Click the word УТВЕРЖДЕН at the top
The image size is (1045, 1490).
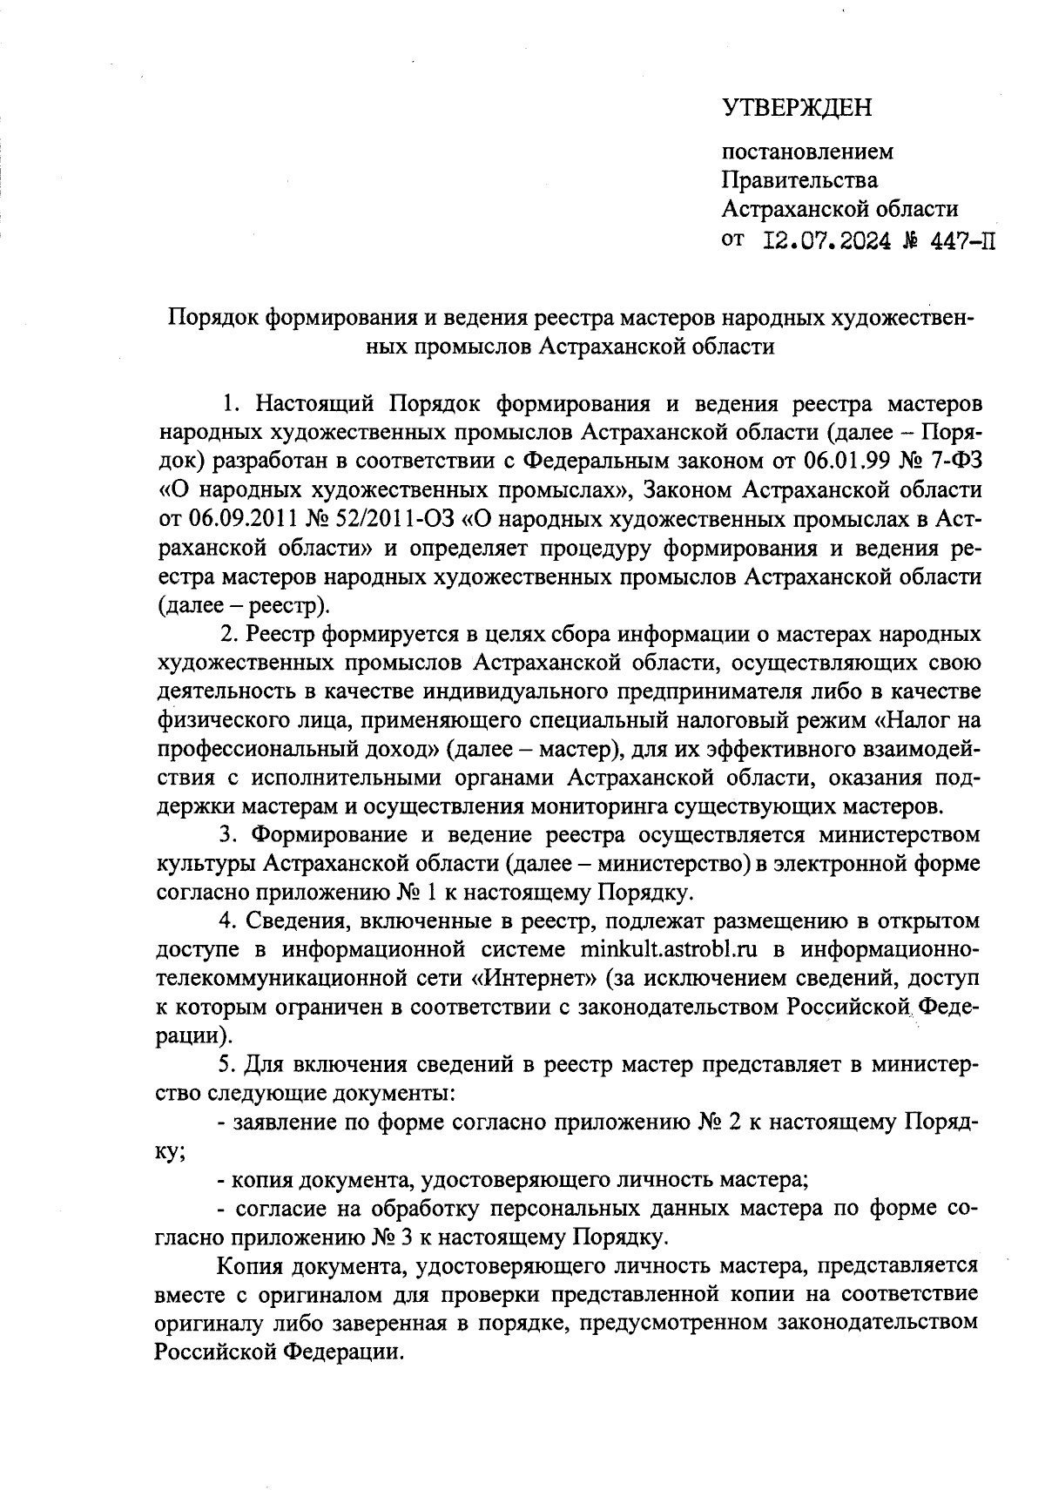point(796,108)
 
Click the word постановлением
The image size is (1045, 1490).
point(807,152)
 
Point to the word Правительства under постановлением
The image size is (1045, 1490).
point(799,180)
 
